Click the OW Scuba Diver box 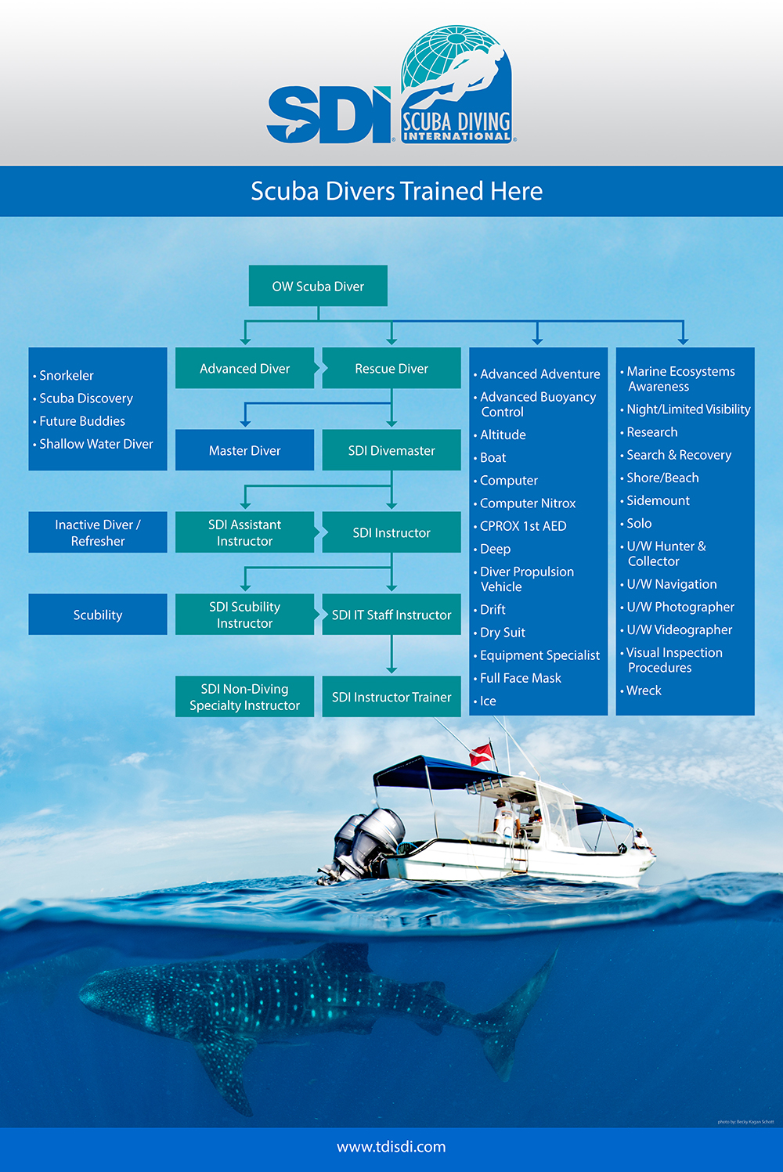(318, 286)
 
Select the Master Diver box (244, 450)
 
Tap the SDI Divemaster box (391, 450)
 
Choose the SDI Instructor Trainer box (391, 697)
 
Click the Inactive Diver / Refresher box (98, 532)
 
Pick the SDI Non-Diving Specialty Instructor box (244, 697)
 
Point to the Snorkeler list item (63, 375)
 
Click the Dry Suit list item (500, 633)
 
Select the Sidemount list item (655, 501)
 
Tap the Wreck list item (640, 691)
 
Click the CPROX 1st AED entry (520, 526)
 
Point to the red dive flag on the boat (482, 755)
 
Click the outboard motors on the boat (366, 842)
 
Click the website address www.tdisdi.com (391, 1147)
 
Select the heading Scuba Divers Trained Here (396, 191)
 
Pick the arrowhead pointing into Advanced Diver (245, 341)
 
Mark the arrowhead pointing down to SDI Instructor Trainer (391, 669)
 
